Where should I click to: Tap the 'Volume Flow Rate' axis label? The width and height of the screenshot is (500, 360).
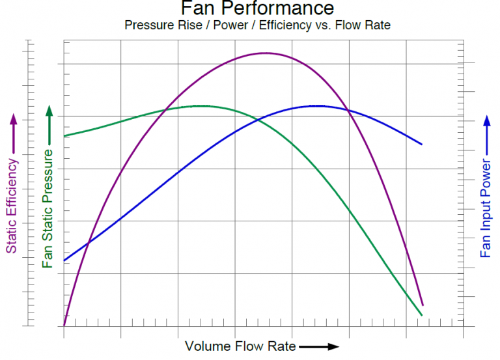[240, 346]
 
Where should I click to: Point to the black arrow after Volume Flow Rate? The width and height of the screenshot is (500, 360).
[319, 346]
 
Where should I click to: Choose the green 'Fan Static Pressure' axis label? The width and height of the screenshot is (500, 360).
[48, 207]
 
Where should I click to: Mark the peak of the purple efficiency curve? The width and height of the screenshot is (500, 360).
[265, 53]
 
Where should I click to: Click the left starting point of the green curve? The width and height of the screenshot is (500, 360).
[64, 136]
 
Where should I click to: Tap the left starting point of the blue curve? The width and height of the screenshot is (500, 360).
[64, 260]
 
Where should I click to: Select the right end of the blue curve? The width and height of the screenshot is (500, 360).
[422, 144]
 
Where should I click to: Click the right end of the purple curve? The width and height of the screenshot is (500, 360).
[423, 305]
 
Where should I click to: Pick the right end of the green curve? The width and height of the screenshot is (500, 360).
[422, 315]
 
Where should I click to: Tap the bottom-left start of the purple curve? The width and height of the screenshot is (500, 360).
[64, 324]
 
